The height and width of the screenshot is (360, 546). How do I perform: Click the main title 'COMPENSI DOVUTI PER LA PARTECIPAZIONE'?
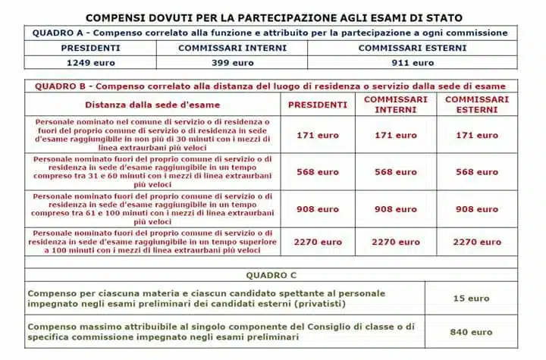pos(274,17)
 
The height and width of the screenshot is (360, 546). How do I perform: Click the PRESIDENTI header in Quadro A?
pos(89,48)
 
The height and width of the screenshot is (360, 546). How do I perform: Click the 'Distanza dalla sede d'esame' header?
pos(152,105)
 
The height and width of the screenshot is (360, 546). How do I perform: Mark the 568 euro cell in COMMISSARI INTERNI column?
pos(396,172)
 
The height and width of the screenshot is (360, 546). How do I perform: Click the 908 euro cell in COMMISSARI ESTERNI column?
pos(477,209)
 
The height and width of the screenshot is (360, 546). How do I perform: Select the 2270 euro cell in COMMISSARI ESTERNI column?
pos(477,243)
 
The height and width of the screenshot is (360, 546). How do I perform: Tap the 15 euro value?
pos(471,299)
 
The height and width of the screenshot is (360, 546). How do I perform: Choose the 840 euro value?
pos(471,332)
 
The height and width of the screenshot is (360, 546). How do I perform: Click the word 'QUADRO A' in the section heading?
pos(58,33)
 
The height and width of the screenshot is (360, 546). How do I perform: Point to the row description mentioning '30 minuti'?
pos(152,135)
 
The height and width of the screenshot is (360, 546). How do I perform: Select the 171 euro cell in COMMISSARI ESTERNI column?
pos(477,135)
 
